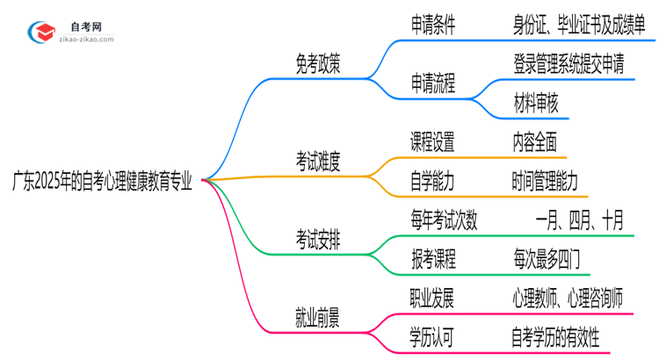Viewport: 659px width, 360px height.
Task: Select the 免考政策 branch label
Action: coord(317,65)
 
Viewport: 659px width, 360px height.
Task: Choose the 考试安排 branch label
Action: coord(317,237)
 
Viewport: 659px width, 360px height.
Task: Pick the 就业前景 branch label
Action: coord(317,315)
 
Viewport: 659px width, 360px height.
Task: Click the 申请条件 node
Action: coord(433,25)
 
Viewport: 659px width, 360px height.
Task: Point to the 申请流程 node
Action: coord(433,83)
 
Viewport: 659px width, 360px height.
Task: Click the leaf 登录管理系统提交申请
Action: coord(569,63)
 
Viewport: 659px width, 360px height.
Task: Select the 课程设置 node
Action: coord(433,141)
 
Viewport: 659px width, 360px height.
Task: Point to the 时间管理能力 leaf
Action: coord(546,180)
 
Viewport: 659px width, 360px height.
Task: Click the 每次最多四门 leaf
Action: coord(546,258)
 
